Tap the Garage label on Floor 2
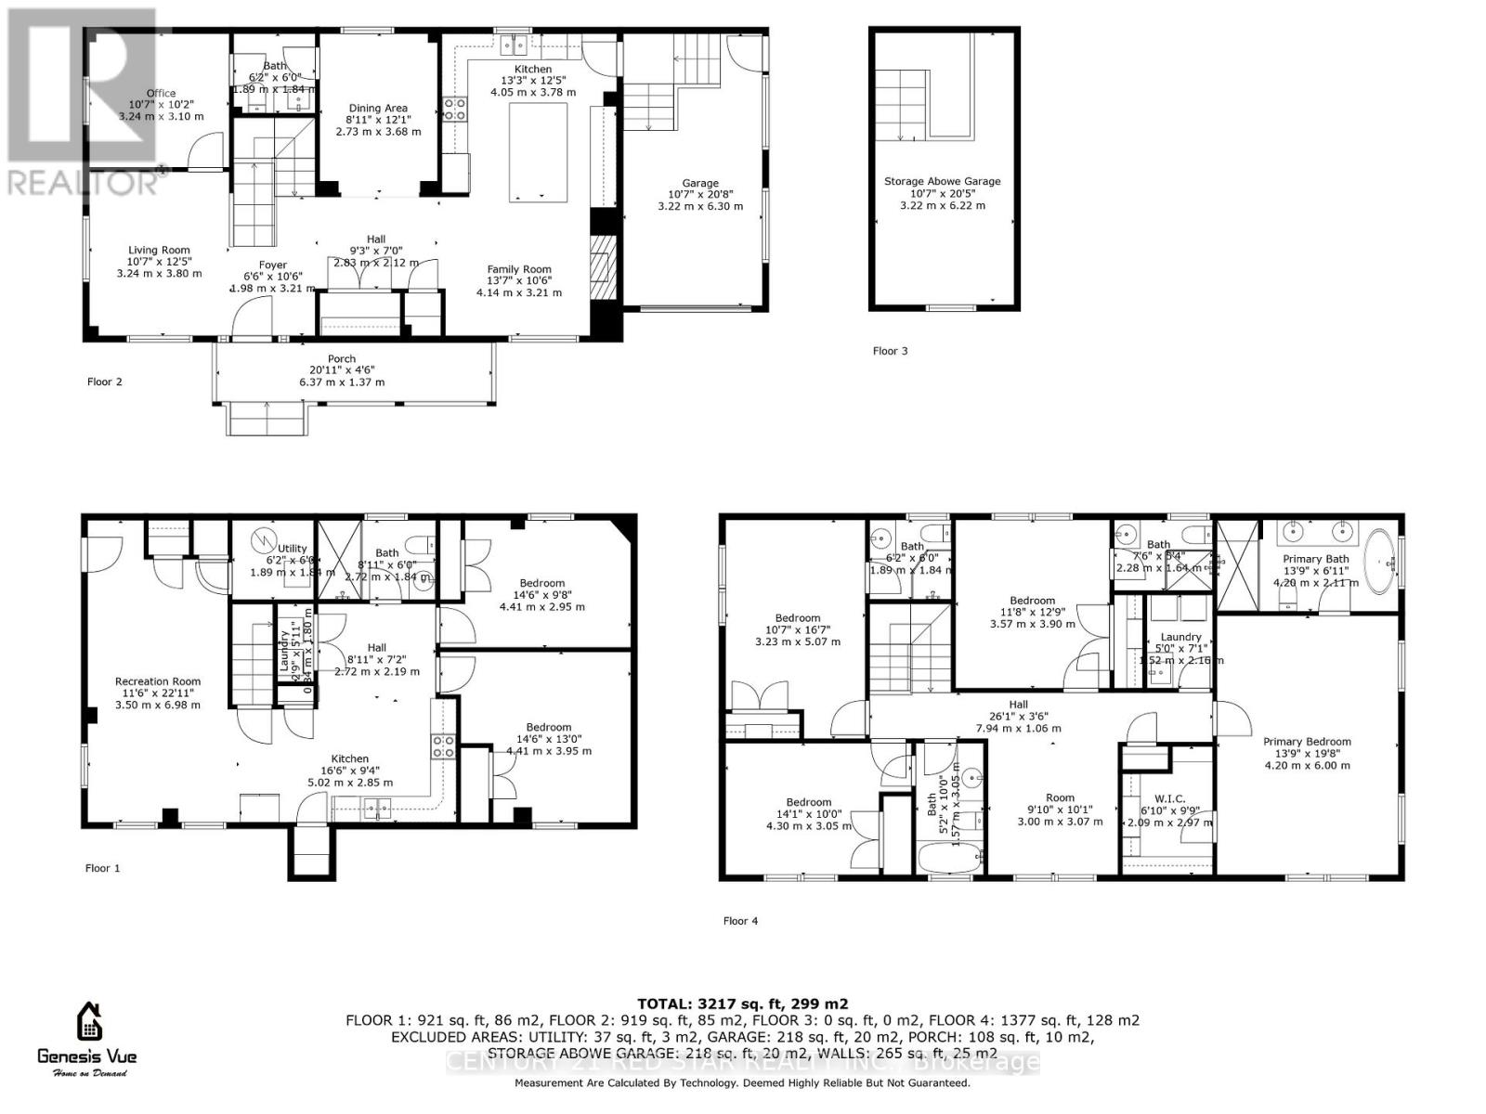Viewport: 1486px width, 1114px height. click(x=700, y=184)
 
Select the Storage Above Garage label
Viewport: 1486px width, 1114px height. click(x=942, y=182)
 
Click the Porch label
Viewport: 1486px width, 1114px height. click(x=342, y=359)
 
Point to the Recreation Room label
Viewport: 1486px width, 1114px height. click(x=158, y=681)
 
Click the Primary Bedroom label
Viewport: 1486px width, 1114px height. click(x=1307, y=742)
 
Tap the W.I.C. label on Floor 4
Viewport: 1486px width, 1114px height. click(x=1167, y=798)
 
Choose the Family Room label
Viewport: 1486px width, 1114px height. click(x=519, y=270)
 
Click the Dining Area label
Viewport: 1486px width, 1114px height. click(x=378, y=109)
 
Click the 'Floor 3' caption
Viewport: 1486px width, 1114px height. click(x=890, y=351)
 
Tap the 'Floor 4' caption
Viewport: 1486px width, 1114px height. click(x=740, y=921)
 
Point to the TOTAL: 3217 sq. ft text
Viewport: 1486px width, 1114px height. click(x=742, y=1004)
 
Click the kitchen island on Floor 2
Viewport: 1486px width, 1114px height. click(x=538, y=152)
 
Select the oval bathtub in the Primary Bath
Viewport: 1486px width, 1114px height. click(x=1384, y=562)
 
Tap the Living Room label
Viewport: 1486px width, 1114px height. click(x=159, y=250)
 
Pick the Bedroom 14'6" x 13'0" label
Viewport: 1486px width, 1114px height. click(x=548, y=728)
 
